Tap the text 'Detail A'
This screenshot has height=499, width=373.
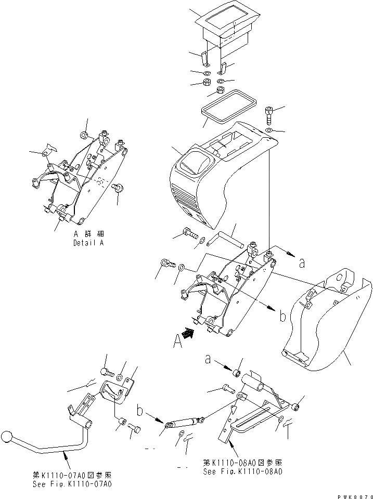pos(89,243)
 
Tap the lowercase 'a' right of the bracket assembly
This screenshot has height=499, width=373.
pos(301,264)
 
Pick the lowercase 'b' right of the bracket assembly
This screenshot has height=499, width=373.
pos(282,315)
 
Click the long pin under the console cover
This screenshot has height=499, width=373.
pos(225,241)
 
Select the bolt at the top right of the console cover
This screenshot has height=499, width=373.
pos(268,113)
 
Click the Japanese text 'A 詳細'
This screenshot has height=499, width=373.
pos(89,234)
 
